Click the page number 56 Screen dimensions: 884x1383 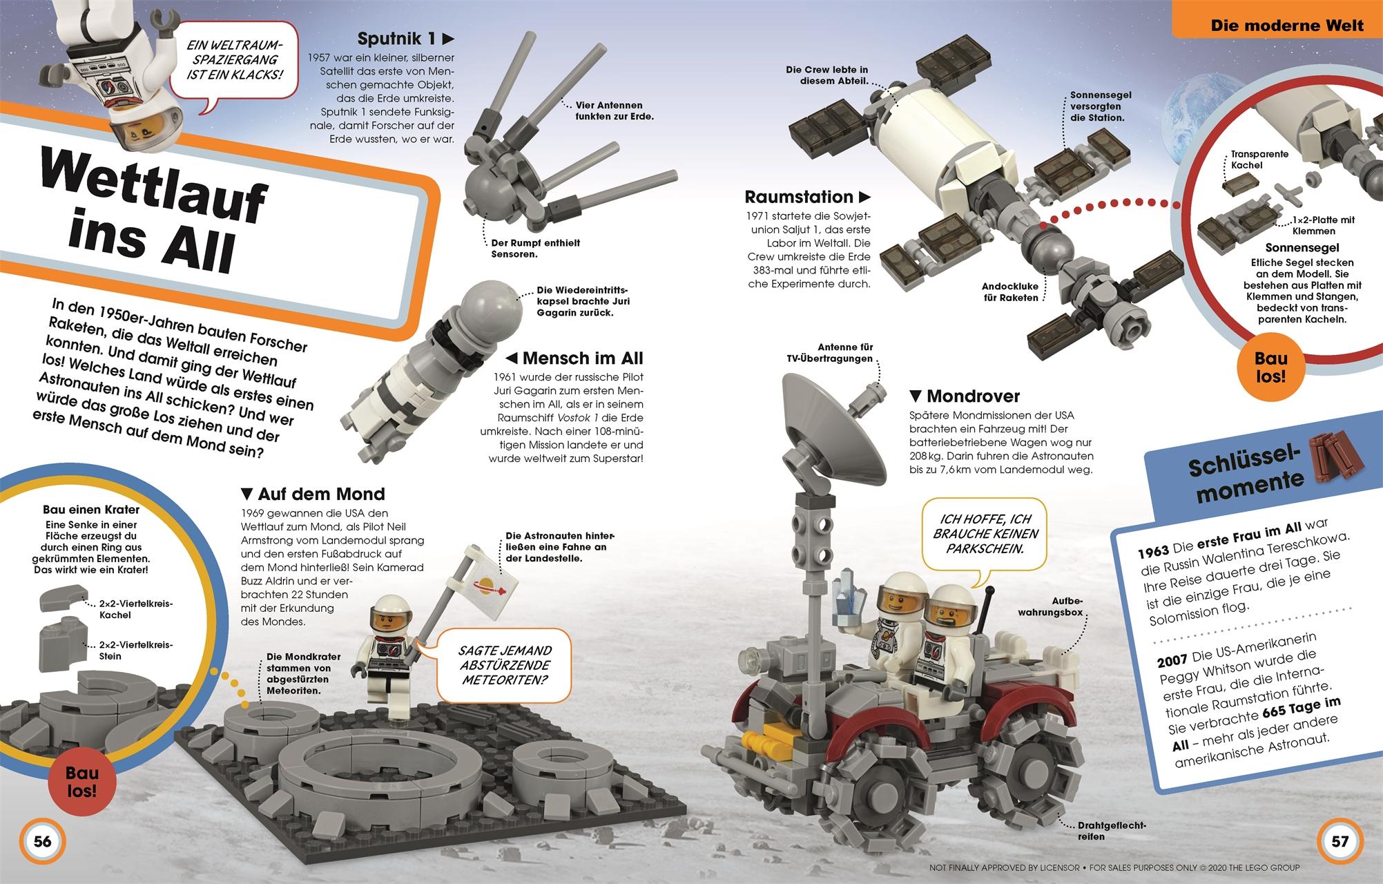[x=43, y=841]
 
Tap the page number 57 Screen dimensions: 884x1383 [x=1340, y=841]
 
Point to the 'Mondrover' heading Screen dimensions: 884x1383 [x=965, y=396]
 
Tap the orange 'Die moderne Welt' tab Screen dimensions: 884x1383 [x=1286, y=26]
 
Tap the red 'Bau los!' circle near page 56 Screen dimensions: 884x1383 [x=81, y=782]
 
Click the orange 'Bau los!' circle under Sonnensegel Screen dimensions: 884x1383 [x=1270, y=367]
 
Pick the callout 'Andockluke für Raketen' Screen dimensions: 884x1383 [x=1010, y=292]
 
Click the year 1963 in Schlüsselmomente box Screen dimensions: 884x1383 [x=1152, y=550]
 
